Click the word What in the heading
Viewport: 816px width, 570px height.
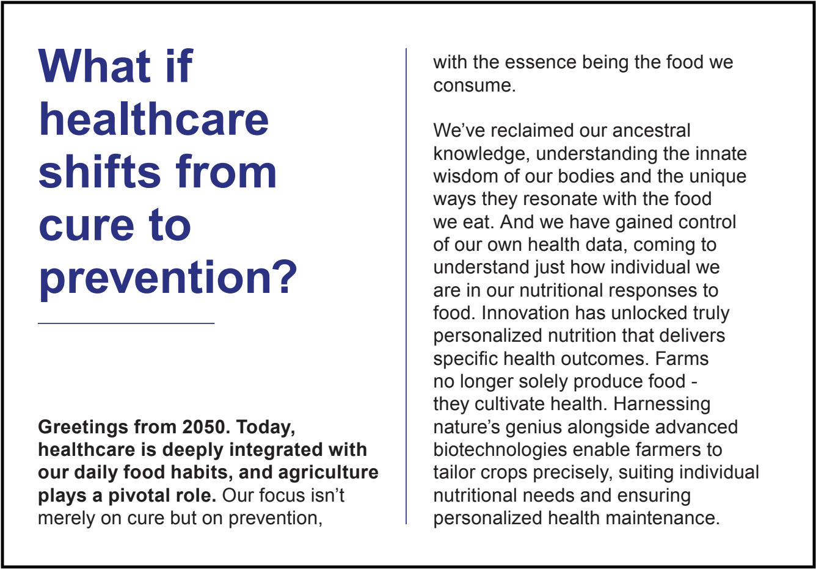tap(94, 67)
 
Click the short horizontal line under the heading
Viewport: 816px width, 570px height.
tap(126, 323)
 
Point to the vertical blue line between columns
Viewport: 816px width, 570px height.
tap(406, 286)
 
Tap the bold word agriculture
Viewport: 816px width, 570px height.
tap(328, 473)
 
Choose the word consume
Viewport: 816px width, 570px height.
tap(475, 86)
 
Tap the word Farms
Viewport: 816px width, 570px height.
tap(682, 358)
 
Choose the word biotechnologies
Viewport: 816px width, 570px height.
tap(500, 450)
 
